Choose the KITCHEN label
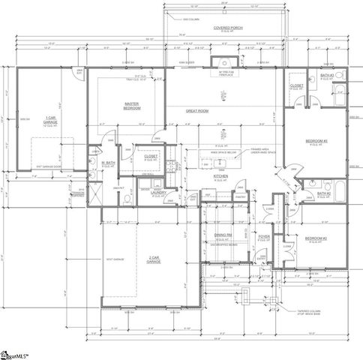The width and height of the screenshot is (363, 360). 220,177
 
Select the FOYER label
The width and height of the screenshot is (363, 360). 264,237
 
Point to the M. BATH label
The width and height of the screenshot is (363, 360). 106,163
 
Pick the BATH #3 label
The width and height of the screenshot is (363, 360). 326,76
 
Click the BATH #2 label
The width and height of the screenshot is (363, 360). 323,193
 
